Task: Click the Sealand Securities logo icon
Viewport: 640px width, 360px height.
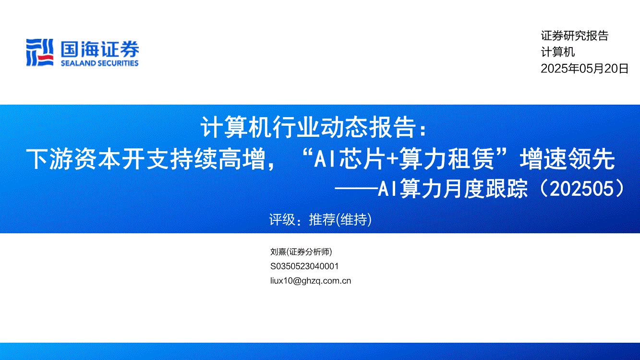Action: coord(40,53)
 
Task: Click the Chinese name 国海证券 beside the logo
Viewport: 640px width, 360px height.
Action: coord(100,49)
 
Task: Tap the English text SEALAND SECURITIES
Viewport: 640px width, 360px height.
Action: coord(100,63)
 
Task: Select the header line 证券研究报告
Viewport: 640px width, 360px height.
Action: coord(575,36)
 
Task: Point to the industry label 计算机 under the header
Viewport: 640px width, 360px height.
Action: coord(558,52)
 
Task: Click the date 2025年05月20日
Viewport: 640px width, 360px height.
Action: coord(585,69)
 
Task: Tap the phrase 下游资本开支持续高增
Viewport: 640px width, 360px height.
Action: coord(145,159)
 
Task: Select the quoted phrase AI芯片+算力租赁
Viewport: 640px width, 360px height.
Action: coord(404,159)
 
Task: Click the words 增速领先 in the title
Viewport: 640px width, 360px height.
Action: coord(568,159)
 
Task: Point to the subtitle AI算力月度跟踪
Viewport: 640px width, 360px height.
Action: coord(453,189)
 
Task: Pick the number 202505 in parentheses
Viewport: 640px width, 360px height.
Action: coord(581,189)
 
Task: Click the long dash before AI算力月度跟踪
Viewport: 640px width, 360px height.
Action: coord(356,188)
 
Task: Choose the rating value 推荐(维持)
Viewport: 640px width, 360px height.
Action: coord(340,220)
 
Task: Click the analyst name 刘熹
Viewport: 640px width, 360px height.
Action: coord(278,252)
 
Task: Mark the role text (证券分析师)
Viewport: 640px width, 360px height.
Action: coord(309,252)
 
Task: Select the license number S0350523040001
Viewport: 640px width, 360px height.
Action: coord(304,266)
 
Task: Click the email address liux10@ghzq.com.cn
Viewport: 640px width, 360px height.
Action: coord(311,281)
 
